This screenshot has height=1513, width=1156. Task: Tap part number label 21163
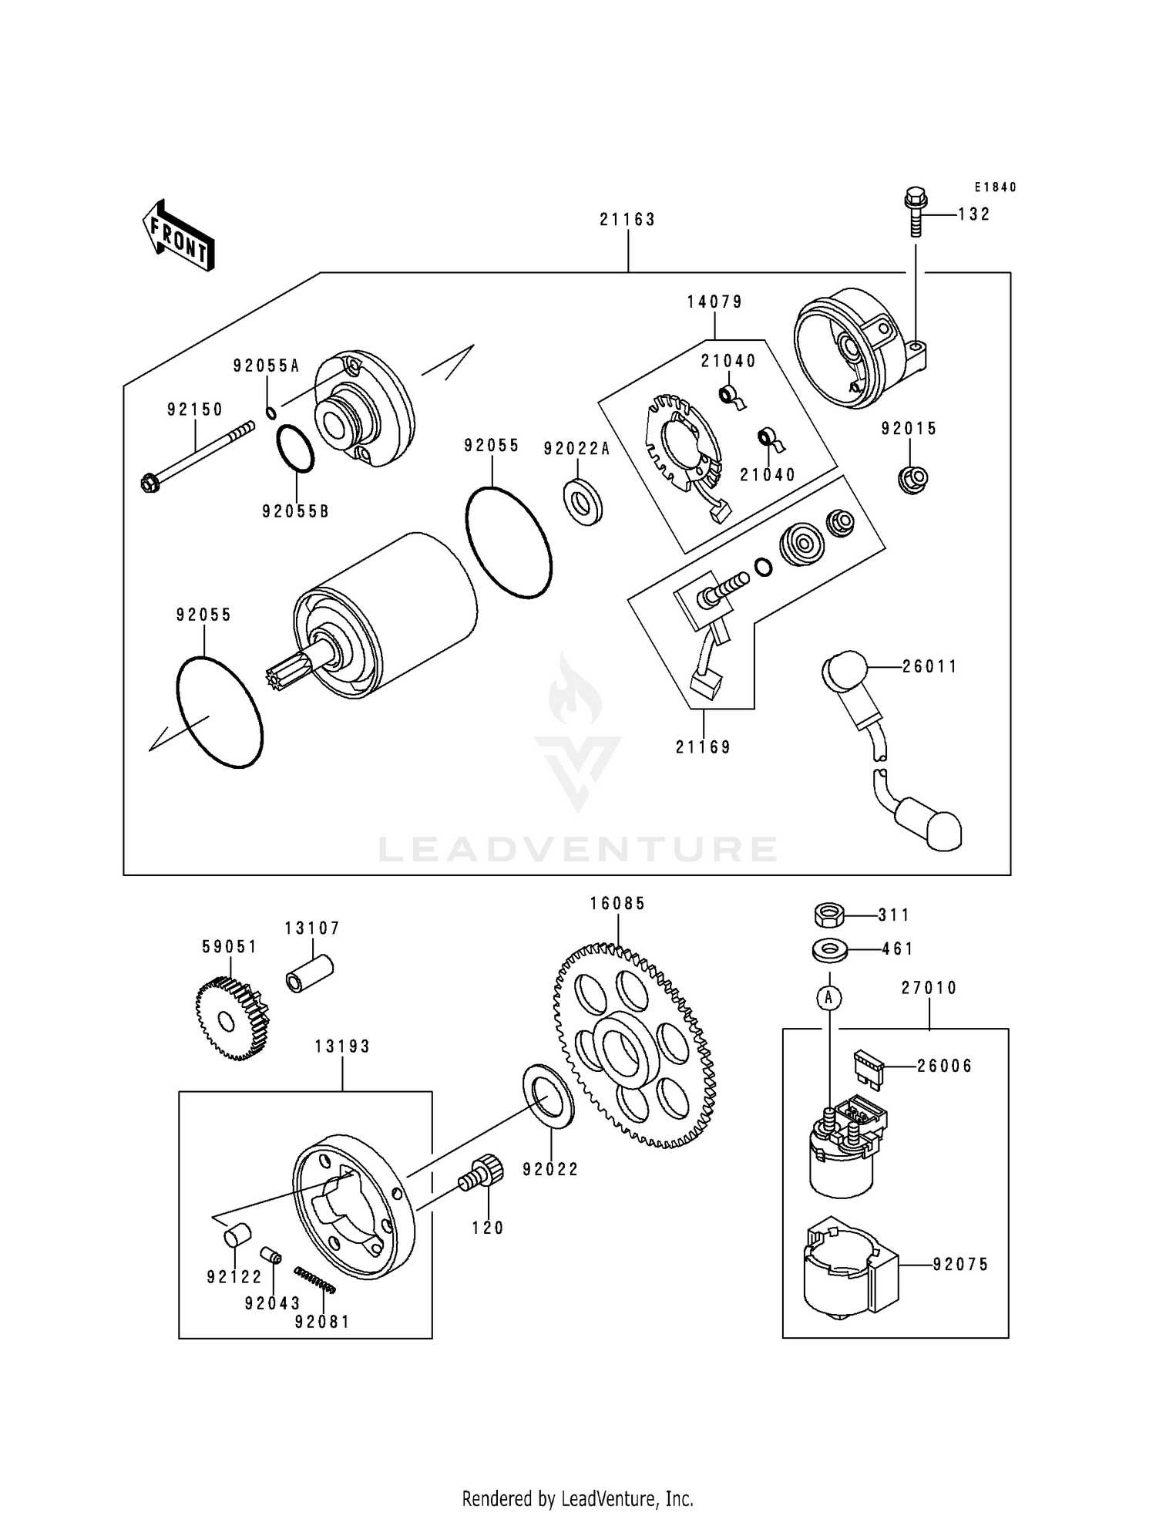[627, 220]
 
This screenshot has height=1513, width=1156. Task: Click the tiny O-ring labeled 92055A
[271, 413]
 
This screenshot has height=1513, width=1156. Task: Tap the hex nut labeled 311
[828, 915]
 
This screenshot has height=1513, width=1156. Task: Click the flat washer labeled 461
[828, 950]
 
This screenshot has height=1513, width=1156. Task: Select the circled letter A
[829, 999]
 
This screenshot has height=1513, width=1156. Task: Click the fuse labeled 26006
[865, 1066]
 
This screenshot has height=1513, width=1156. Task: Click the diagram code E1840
[995, 187]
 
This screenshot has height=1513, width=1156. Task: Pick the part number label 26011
[929, 666]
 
